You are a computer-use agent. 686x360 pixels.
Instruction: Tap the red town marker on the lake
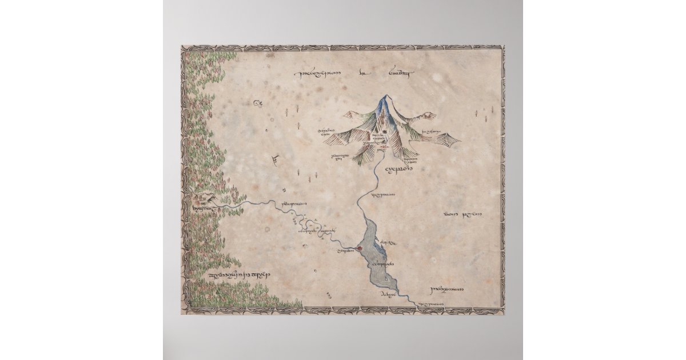[x=359, y=248]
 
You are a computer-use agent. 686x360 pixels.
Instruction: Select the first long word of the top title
[x=317, y=74]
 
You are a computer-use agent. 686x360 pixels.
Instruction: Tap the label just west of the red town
[x=345, y=251]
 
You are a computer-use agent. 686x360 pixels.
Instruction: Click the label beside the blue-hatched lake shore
[x=388, y=243]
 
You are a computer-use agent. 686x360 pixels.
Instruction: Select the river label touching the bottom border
[x=433, y=304]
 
